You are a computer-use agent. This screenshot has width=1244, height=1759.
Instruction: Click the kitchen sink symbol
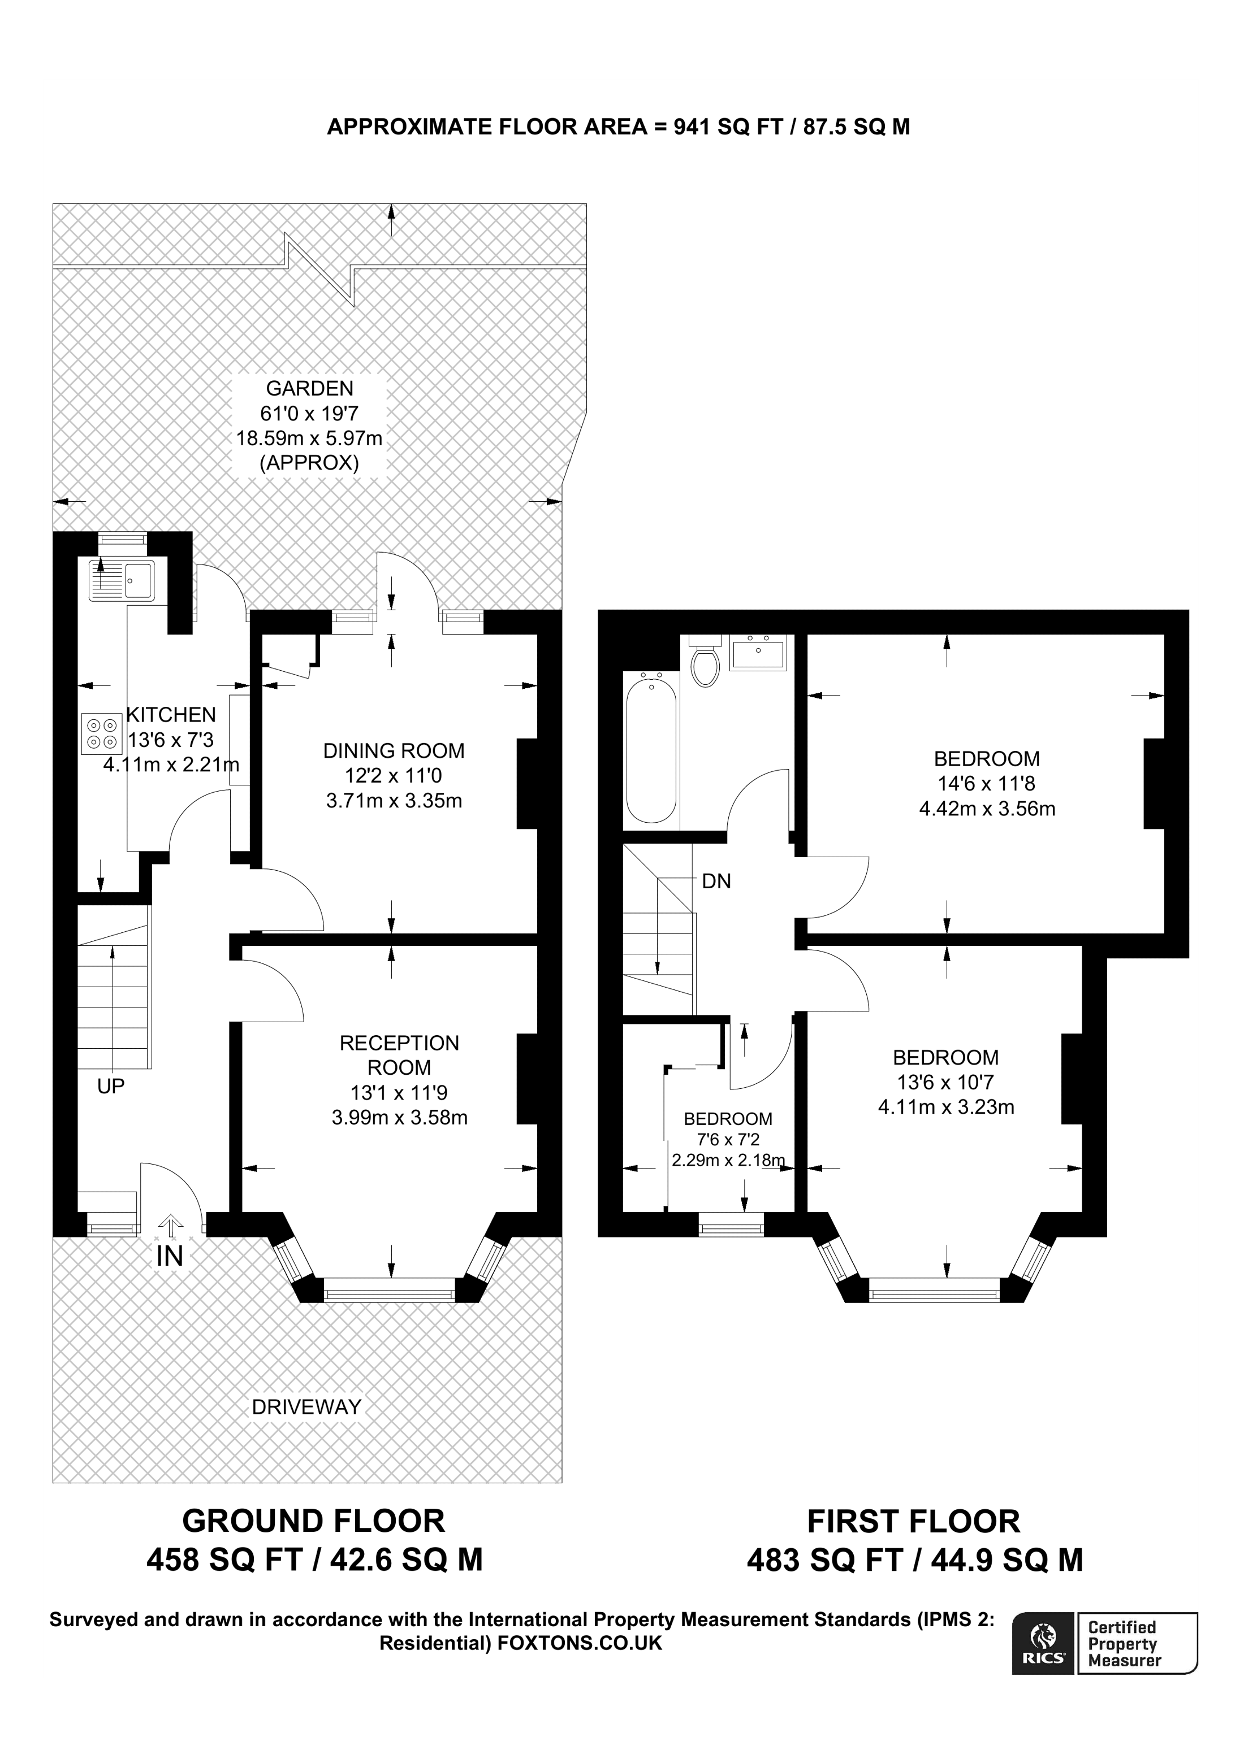click(x=122, y=580)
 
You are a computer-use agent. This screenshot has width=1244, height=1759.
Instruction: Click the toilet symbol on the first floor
click(x=705, y=662)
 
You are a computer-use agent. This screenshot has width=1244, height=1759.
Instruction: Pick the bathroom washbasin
click(x=757, y=652)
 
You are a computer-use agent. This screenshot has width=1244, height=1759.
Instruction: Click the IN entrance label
click(x=170, y=1257)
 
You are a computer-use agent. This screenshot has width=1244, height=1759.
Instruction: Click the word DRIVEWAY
click(x=306, y=1406)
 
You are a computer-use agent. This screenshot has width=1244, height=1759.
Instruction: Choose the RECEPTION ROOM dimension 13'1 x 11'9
click(x=399, y=1092)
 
